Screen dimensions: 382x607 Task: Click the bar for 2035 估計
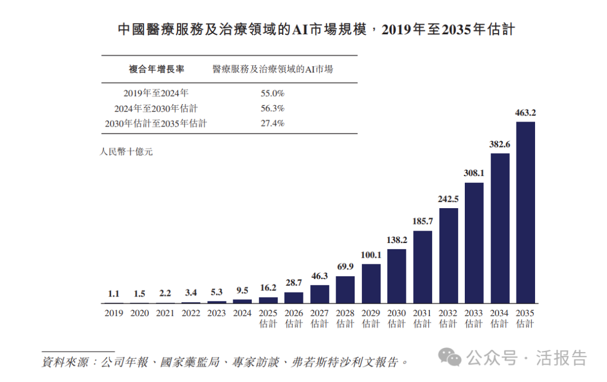coord(525,213)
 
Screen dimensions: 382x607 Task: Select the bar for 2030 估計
coord(397,276)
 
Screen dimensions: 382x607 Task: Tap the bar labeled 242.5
coord(448,256)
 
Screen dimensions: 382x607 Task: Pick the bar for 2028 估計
coord(345,290)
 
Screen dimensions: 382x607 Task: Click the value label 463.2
coord(525,113)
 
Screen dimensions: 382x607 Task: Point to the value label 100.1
coord(371,255)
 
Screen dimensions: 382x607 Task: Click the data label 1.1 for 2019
coord(114,293)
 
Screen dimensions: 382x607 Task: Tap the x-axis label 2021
coord(165,313)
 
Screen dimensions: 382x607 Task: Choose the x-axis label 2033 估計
coord(474,318)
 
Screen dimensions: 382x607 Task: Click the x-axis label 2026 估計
coord(293,318)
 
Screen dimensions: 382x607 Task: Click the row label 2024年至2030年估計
coord(156,109)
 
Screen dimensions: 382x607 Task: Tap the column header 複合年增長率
coord(156,69)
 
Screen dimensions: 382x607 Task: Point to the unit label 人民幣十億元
coord(126,151)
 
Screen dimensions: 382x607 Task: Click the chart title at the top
coord(316,29)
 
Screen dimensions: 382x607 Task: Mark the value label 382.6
coord(499,145)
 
